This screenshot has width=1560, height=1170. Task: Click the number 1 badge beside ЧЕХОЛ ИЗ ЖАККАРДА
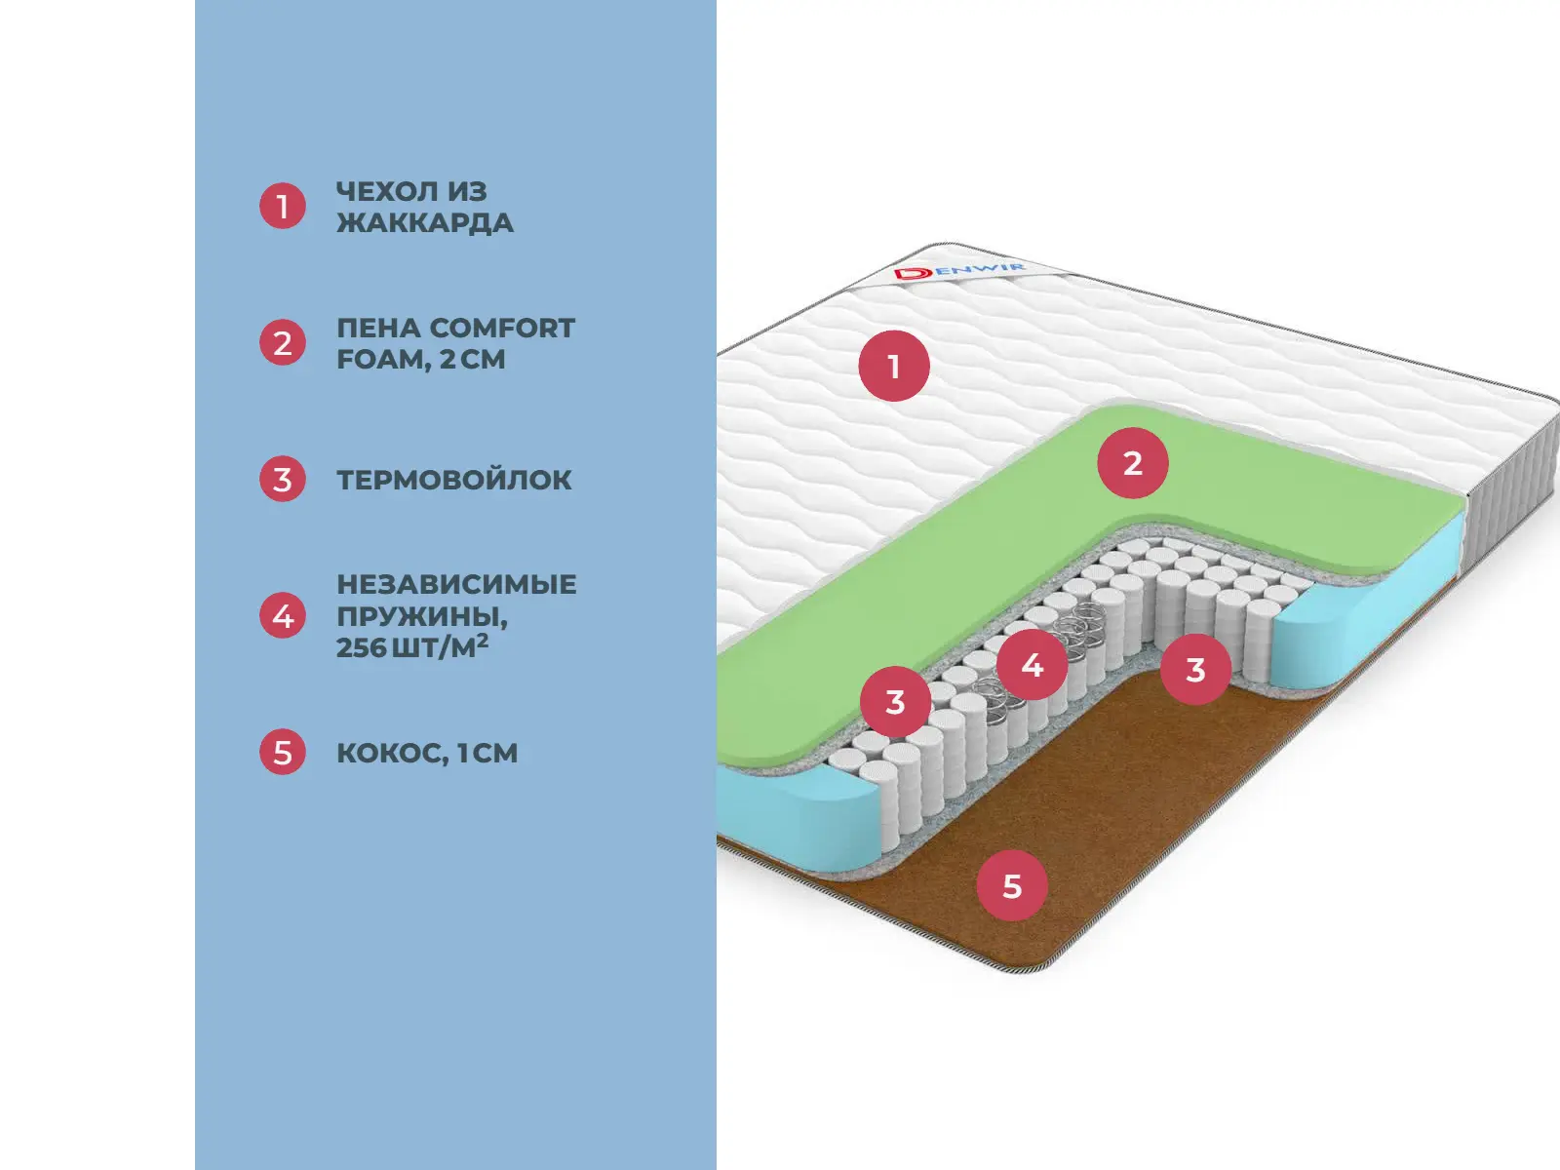(x=283, y=207)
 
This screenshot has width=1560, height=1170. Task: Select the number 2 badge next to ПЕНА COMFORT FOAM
(x=283, y=343)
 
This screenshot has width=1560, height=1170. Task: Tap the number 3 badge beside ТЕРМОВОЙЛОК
(x=283, y=480)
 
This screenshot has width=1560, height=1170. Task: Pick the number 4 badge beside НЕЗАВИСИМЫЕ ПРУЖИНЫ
(x=283, y=616)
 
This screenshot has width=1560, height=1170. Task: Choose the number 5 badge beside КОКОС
(x=283, y=753)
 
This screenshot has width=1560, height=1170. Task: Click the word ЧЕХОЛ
(x=383, y=191)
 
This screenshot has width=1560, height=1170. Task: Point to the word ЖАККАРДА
(x=425, y=223)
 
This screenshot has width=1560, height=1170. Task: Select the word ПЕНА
(x=378, y=328)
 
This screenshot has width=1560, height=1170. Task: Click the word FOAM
(x=383, y=360)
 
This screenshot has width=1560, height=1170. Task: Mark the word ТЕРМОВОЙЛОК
(x=454, y=480)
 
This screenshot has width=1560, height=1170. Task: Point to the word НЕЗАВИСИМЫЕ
(x=456, y=584)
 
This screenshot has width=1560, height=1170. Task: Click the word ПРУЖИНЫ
(x=421, y=616)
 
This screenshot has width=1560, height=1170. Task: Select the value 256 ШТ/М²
(x=412, y=647)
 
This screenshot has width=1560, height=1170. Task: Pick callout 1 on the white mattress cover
(x=894, y=367)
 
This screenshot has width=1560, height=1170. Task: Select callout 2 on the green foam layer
(x=1132, y=463)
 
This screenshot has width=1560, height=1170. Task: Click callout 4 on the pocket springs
(x=1032, y=665)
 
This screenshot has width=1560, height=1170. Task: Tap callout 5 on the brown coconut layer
(x=1012, y=885)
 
